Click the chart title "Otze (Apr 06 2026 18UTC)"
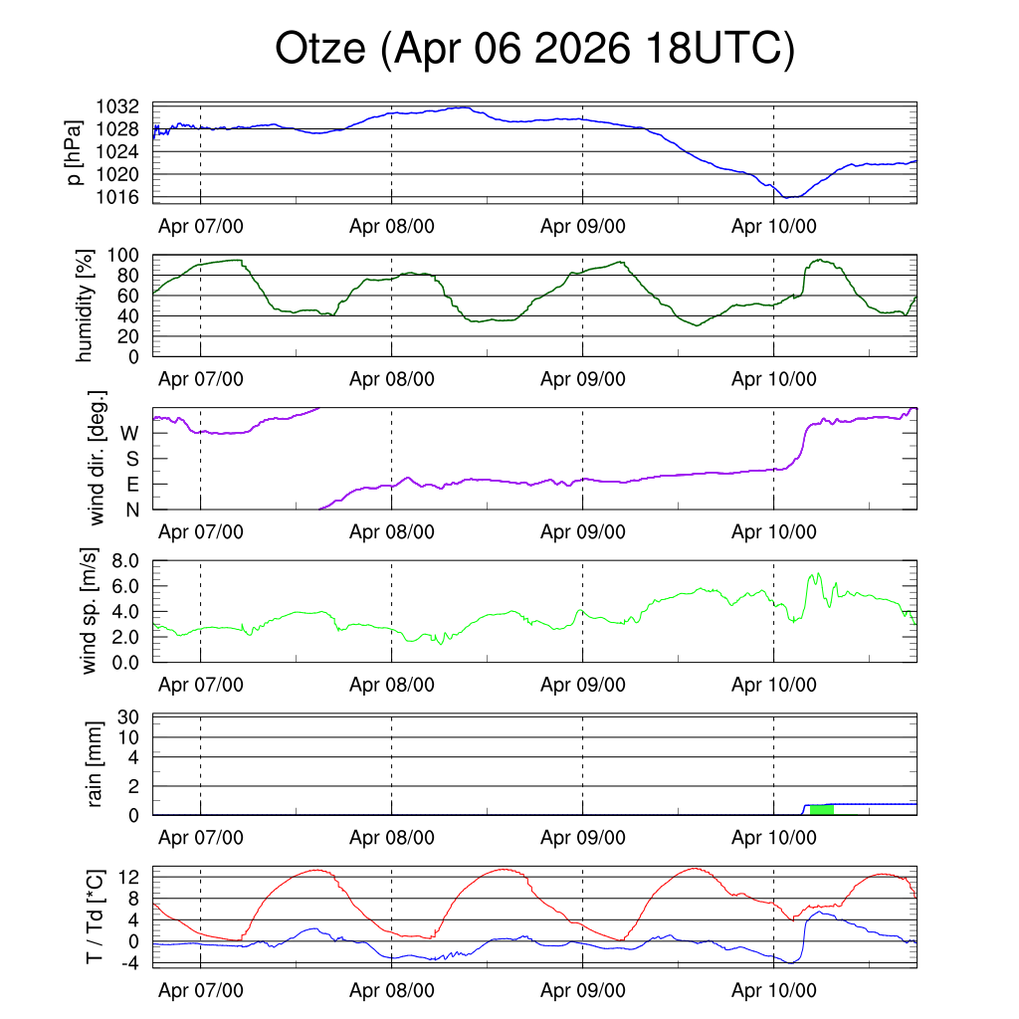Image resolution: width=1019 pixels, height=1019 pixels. tap(534, 49)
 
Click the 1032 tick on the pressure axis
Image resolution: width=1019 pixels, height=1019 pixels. tap(117, 106)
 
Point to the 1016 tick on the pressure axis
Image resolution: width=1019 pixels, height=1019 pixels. tap(117, 197)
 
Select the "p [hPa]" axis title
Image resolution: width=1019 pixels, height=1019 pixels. tap(75, 152)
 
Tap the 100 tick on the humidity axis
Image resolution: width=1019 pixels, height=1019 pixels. tap(122, 256)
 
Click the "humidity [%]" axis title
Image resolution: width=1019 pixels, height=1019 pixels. tap(85, 306)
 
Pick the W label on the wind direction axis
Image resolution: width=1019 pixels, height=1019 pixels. tap(129, 434)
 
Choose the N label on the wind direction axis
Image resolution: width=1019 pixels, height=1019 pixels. tap(132, 510)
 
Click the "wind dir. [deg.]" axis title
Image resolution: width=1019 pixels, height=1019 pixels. tap(97, 458)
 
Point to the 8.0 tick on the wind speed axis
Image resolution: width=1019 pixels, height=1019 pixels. tap(125, 561)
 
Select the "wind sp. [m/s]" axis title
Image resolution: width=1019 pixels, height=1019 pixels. tap(89, 611)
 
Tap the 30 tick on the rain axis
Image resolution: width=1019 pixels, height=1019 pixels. tap(128, 717)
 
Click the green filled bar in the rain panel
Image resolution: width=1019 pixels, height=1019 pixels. tap(821, 810)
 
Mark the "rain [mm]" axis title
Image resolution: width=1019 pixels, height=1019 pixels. tap(95, 764)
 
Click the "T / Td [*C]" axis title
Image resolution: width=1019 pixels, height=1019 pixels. tap(95, 917)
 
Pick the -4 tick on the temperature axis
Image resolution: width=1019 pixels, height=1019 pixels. tap(130, 963)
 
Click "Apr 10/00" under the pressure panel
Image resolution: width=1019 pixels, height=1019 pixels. tap(774, 226)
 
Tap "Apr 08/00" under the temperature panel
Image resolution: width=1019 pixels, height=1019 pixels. tap(392, 990)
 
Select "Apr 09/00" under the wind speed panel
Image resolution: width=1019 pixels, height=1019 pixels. tap(583, 685)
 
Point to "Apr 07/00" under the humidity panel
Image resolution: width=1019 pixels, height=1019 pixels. tap(201, 379)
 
